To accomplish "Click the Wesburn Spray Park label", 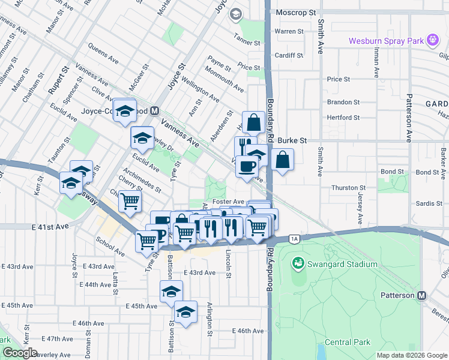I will click(x=386, y=41).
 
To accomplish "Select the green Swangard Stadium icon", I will click(x=297, y=263).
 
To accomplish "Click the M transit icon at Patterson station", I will click(x=422, y=295).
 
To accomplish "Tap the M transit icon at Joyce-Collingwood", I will click(x=155, y=111).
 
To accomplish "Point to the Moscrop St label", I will click(x=296, y=12).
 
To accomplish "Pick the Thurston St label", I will click(x=348, y=188).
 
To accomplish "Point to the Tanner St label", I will click(x=247, y=43).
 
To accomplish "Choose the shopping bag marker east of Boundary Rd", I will click(x=282, y=160).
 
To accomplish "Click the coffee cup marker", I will click(x=246, y=166).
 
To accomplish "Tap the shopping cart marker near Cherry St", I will click(x=130, y=202).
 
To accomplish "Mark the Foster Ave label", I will click(x=228, y=202).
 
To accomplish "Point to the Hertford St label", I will click(x=343, y=118).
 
